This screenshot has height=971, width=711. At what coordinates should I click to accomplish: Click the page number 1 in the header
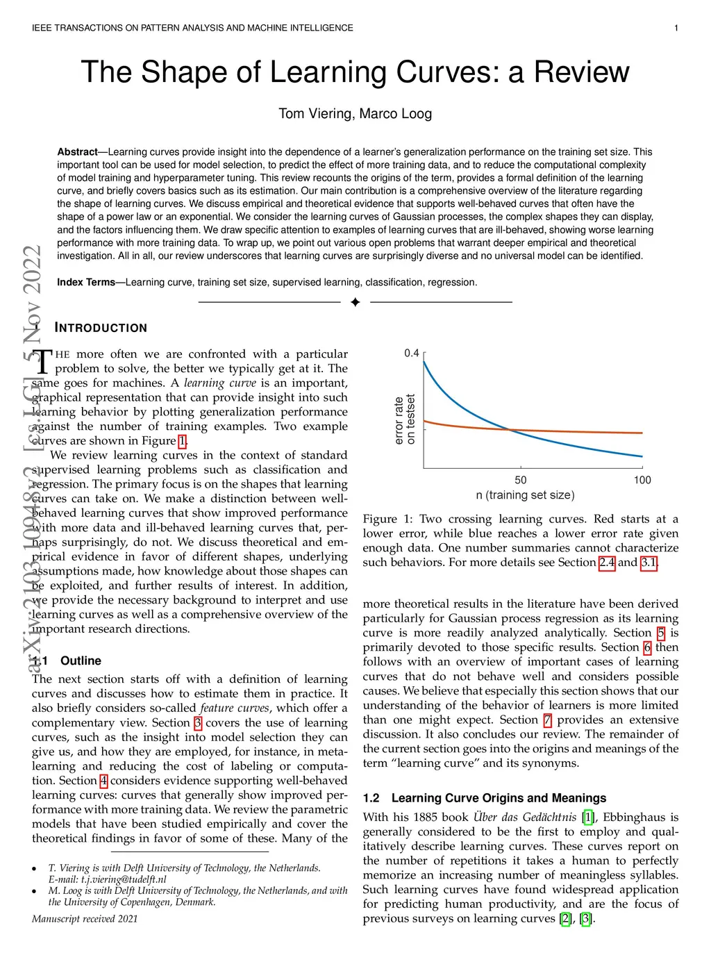[x=676, y=28]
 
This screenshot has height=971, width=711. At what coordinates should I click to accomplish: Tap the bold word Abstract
[x=77, y=151]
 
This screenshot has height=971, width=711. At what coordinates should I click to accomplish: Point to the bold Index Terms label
[x=86, y=282]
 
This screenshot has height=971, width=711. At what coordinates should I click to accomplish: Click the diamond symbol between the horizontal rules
[x=355, y=302]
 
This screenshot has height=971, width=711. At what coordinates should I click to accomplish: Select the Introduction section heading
[x=101, y=328]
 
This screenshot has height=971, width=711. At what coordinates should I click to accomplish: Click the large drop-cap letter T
[x=43, y=361]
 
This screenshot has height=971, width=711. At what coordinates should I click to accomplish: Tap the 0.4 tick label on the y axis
[x=412, y=353]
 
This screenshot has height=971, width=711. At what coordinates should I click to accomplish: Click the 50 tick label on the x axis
[x=521, y=480]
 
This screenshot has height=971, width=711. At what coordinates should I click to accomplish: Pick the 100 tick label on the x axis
[x=642, y=480]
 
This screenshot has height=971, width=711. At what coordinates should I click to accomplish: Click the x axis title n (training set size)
[x=525, y=495]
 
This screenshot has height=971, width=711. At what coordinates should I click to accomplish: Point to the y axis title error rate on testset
[x=404, y=420]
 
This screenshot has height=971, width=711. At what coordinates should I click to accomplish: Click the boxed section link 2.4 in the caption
[x=607, y=562]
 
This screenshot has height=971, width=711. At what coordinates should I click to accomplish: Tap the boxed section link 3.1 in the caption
[x=649, y=562]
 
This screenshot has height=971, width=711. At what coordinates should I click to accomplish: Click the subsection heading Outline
[x=81, y=661]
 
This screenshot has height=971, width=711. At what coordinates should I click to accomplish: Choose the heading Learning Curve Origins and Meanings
[x=499, y=798]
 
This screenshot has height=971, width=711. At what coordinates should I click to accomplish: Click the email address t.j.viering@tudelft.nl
[x=124, y=879]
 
